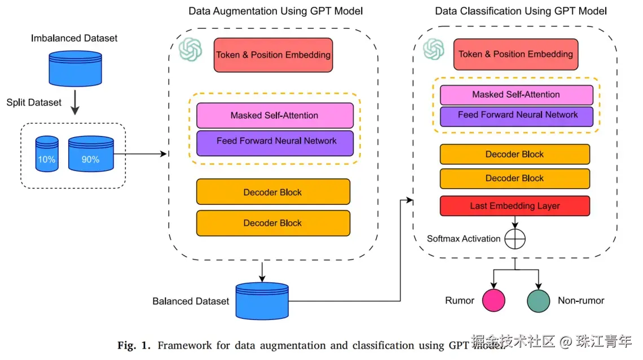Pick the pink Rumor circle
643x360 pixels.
coord(493,301)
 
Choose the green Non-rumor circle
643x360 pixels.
coord(538,301)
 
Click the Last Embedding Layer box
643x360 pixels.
coord(514,206)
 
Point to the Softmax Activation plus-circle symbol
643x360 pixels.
coord(514,239)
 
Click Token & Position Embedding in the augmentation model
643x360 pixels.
coord(273,55)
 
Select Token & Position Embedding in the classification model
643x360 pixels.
coord(516,54)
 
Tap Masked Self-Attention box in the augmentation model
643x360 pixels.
coord(275,115)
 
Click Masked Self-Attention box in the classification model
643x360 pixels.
coord(516,94)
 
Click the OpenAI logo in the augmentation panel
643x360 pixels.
coord(190,49)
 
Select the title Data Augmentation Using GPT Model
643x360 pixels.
coord(275,11)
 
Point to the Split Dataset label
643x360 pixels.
coord(34,103)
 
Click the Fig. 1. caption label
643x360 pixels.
coord(134,345)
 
